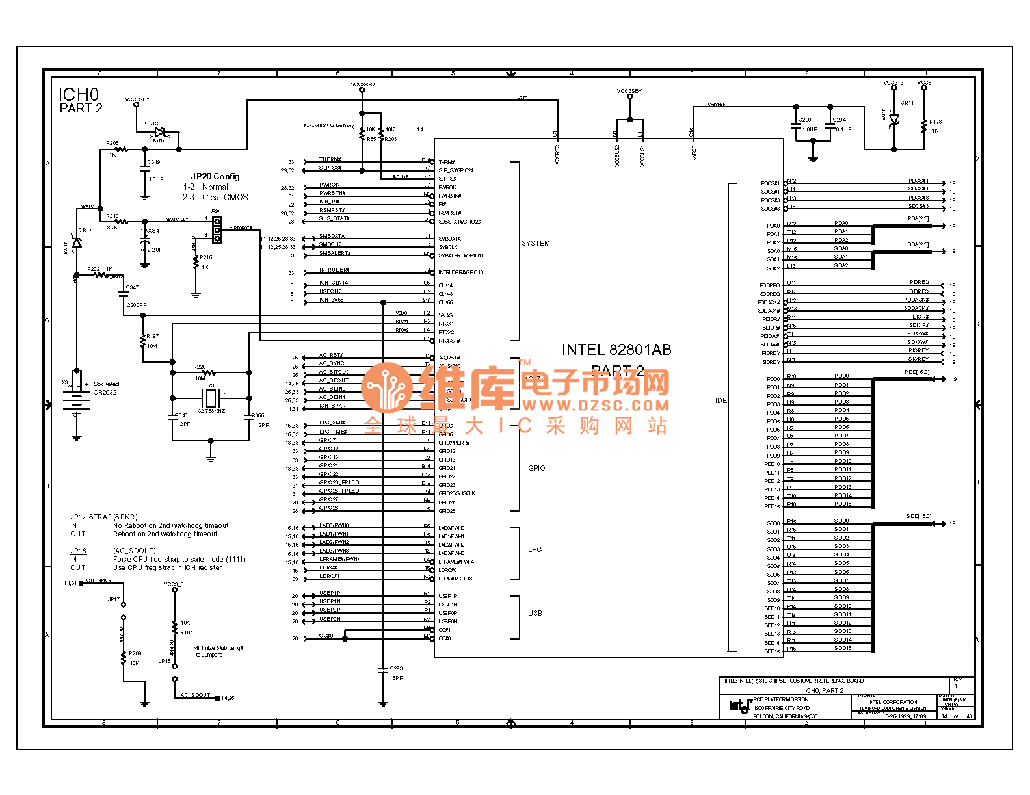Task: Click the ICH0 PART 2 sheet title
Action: pos(81,101)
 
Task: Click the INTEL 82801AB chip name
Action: pos(616,350)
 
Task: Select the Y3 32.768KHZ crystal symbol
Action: pos(211,398)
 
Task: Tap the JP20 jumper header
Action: pos(217,229)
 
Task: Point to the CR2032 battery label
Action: pos(105,393)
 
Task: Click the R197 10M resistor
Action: pos(143,341)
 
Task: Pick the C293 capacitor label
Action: pos(396,668)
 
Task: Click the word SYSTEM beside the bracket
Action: pos(536,243)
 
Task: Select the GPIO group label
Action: pos(536,468)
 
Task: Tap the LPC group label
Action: pos(535,549)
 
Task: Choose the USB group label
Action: pos(535,613)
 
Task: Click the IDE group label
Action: pos(720,400)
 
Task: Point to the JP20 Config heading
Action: pos(215,176)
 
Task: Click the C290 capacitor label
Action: pos(805,120)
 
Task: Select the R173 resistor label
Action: pos(935,122)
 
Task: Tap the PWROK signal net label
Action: pos(330,185)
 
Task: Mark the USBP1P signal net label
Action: pos(330,593)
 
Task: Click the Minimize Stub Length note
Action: pos(219,651)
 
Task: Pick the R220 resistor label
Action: pos(199,367)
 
